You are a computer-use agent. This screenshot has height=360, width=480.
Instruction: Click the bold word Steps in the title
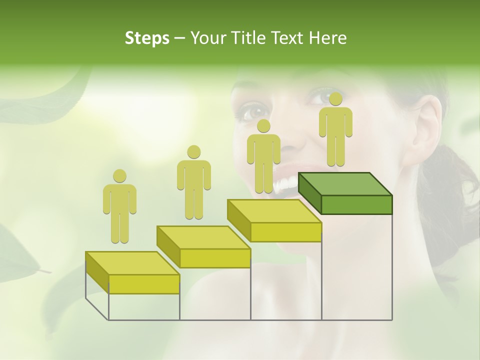coord(147,38)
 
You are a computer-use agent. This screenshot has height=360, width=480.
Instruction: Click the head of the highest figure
coord(335,99)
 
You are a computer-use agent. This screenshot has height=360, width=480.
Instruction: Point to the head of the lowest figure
coord(119,176)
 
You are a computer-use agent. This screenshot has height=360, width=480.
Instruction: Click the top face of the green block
coord(345,183)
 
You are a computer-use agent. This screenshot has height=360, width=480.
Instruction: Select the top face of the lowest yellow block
coord(132,263)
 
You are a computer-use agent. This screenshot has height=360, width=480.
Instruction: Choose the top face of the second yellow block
coord(203,237)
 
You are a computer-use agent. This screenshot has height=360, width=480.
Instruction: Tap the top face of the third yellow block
coord(274,210)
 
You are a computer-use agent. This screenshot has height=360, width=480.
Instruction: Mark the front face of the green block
coord(356,204)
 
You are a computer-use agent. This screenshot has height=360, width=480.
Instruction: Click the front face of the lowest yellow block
coord(144,284)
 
